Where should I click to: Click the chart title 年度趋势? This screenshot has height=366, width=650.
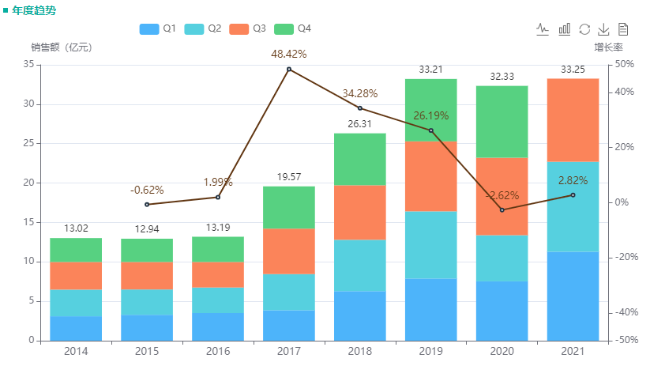point(33,10)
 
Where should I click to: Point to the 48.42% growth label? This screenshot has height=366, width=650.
point(288,54)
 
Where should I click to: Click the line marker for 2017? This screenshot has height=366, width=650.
point(289,70)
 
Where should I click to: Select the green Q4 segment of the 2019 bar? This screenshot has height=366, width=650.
point(431,110)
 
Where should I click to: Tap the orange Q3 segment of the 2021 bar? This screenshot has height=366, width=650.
point(573,120)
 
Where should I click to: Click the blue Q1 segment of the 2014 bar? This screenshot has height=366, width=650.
point(76,328)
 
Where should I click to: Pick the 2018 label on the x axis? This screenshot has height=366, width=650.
point(360,351)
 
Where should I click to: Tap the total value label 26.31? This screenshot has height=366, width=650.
point(360,124)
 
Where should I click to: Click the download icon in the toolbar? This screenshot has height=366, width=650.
point(603,29)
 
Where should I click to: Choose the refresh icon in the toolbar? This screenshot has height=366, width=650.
point(584,29)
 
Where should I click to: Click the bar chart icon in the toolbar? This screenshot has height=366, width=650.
point(564,29)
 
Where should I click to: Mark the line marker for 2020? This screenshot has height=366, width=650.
point(502,210)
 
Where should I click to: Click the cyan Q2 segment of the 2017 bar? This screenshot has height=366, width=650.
point(289,292)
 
